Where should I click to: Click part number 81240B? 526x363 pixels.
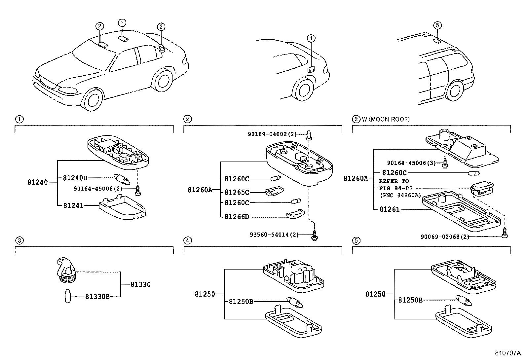pyautogui.click(x=75, y=178)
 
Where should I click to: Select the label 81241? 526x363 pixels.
pyautogui.click(x=73, y=205)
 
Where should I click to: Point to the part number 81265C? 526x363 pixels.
pyautogui.click(x=237, y=192)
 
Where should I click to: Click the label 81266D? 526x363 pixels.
pyautogui.click(x=237, y=217)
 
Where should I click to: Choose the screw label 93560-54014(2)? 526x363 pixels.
pyautogui.click(x=274, y=235)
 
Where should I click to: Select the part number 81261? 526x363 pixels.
pyautogui.click(x=389, y=209)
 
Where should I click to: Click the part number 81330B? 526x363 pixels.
pyautogui.click(x=97, y=297)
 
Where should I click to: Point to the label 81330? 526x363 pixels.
pyautogui.click(x=140, y=284)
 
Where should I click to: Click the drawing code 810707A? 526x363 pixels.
pyautogui.click(x=507, y=353)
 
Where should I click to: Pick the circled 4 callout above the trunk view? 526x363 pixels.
pyautogui.click(x=311, y=39)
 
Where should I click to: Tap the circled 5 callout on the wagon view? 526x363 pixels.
pyautogui.click(x=437, y=25)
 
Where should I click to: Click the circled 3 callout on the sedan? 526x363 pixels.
pyautogui.click(x=161, y=26)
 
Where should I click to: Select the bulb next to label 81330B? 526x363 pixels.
pyautogui.click(x=68, y=296)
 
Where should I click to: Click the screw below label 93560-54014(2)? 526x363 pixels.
pyautogui.click(x=315, y=236)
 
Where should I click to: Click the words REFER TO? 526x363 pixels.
pyautogui.click(x=394, y=181)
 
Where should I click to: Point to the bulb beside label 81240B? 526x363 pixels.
pyautogui.click(x=121, y=179)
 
